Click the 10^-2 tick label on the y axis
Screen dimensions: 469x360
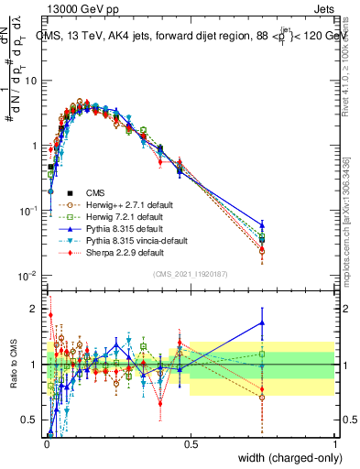pyautogui.click(x=29, y=276)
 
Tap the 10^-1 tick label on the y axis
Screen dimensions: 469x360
pyautogui.click(x=29, y=211)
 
